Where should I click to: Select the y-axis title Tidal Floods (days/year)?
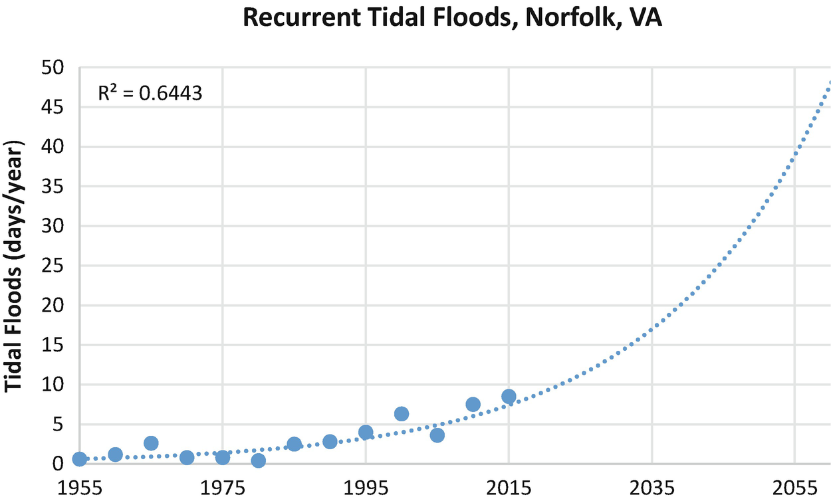click(14, 266)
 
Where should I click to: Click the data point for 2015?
click(509, 397)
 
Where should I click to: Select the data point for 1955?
click(80, 459)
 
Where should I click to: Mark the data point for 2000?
click(402, 414)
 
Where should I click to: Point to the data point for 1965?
click(151, 443)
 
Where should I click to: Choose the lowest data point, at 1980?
click(259, 460)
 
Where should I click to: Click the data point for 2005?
click(437, 435)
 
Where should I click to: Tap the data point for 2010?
click(473, 405)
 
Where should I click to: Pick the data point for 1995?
click(366, 433)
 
